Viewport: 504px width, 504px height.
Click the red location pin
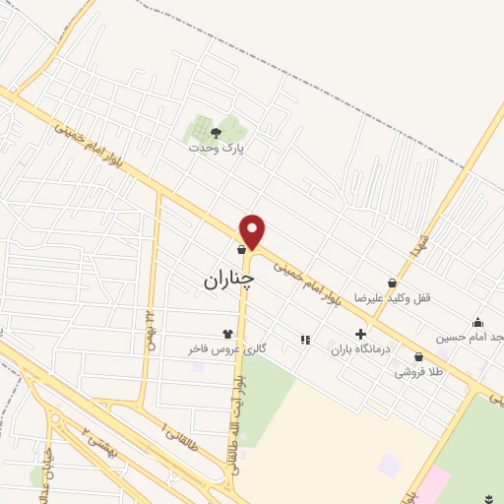point(253,230)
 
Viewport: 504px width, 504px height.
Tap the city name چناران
point(228,280)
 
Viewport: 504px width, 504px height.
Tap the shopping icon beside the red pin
point(240,250)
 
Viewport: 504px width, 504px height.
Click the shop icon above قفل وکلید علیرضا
point(392,283)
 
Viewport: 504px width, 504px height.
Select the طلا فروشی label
point(417,372)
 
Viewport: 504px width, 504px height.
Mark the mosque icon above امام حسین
point(477,322)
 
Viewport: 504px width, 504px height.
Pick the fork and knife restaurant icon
point(304,340)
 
